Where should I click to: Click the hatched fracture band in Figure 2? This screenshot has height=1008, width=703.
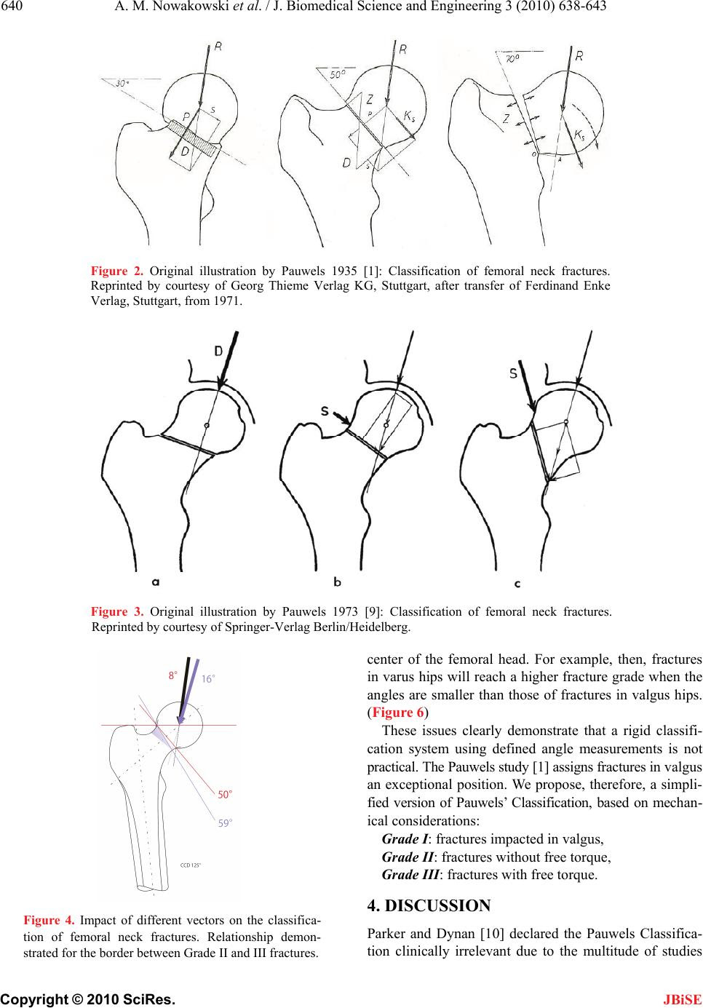(x=193, y=138)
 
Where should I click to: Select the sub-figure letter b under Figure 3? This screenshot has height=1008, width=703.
(x=338, y=582)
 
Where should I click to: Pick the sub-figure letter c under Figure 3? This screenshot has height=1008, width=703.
(x=517, y=583)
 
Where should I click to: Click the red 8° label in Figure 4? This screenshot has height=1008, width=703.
(x=174, y=675)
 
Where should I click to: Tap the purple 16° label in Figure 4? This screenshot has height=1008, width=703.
(x=208, y=678)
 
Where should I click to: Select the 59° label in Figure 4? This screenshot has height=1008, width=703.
(x=226, y=824)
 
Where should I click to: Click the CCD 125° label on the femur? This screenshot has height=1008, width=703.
(x=191, y=865)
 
